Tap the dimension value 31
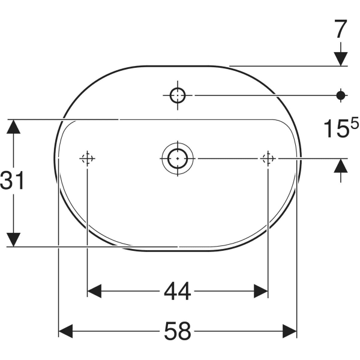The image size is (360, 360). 13,181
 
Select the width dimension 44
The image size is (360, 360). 178,292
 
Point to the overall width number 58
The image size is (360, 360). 178,331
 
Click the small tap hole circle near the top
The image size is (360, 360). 179,95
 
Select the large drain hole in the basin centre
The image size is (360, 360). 177,158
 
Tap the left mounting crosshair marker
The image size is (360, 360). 88,158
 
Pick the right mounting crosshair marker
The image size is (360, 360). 268,158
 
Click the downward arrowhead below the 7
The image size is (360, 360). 341,58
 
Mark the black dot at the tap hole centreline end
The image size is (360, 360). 341,95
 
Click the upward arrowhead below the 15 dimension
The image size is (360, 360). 341,166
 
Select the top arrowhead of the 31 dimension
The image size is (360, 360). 13,127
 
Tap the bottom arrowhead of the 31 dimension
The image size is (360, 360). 13,239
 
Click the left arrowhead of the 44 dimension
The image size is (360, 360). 95,292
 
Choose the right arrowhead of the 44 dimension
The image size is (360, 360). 260,292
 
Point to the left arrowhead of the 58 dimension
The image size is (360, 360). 65,331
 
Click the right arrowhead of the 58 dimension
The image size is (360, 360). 290,331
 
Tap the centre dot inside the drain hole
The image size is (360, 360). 177,158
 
